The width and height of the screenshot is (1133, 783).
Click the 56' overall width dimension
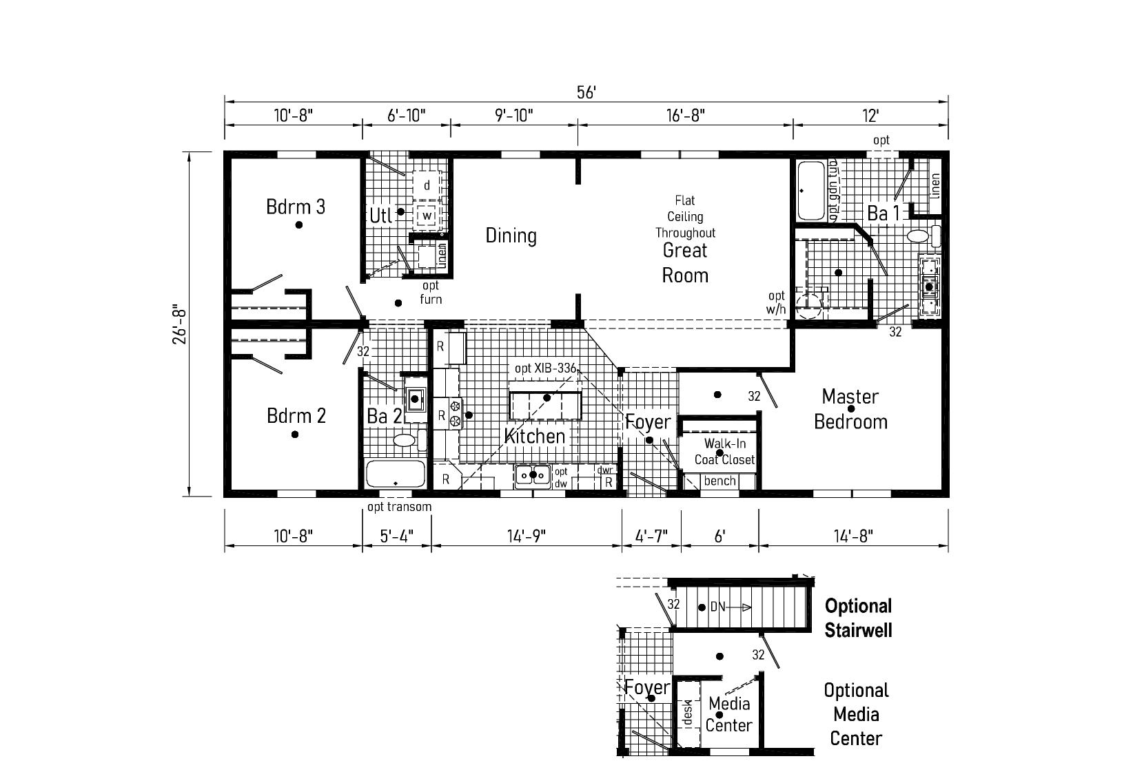click(x=586, y=92)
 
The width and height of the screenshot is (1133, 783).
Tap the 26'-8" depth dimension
click(x=180, y=324)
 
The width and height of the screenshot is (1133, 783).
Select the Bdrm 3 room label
click(x=296, y=207)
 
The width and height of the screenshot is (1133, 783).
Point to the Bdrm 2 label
click(x=296, y=415)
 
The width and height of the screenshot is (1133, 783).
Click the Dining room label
click(x=511, y=236)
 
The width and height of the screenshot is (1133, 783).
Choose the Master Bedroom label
click(x=850, y=409)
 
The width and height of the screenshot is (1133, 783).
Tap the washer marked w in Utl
click(x=427, y=216)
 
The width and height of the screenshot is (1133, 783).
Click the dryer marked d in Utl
click(x=427, y=185)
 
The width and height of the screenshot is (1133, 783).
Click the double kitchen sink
click(x=533, y=475)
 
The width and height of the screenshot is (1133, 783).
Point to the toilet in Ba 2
click(x=409, y=440)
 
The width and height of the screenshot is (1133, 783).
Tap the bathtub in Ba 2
click(x=396, y=474)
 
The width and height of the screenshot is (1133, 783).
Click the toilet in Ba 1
click(x=923, y=236)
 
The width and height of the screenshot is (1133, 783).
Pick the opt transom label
click(x=399, y=506)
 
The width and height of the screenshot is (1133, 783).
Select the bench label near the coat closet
click(x=719, y=481)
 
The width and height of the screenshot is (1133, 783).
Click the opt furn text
click(x=431, y=292)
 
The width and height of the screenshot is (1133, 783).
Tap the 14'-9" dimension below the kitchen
click(x=527, y=536)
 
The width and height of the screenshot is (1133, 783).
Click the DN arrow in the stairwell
click(x=731, y=607)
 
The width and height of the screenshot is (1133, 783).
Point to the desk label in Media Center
click(x=687, y=713)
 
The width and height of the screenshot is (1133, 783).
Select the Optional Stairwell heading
click(x=858, y=618)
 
